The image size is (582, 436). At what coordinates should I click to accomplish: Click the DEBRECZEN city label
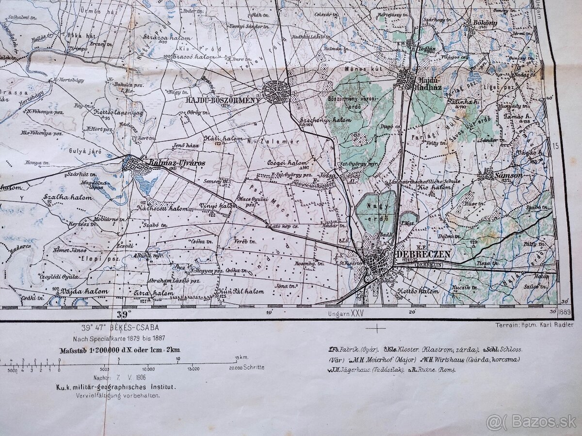[x=423, y=254]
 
